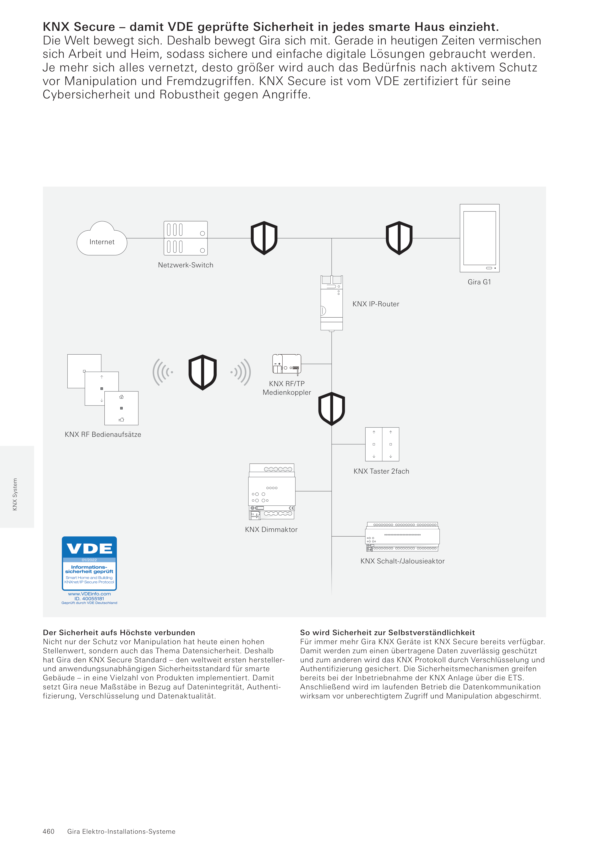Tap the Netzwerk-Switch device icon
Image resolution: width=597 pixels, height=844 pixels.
click(185, 238)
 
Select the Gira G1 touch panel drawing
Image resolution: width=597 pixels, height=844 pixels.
click(479, 238)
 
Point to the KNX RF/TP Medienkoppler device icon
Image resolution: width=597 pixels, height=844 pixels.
click(286, 364)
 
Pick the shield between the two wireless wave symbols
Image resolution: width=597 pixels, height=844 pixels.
click(202, 372)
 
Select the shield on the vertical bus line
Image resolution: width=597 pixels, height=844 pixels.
click(331, 408)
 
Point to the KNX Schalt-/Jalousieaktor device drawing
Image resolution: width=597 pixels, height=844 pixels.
click(402, 537)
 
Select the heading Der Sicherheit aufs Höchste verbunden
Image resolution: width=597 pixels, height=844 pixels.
click(119, 633)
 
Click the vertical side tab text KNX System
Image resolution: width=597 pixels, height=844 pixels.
click(15, 494)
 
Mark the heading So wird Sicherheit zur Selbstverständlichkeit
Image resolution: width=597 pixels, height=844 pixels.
click(387, 633)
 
